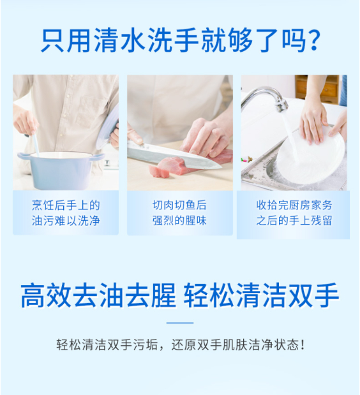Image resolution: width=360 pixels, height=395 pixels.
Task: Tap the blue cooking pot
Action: pyautogui.click(x=61, y=169)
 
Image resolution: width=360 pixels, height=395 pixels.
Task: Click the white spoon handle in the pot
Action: pyautogui.click(x=34, y=144)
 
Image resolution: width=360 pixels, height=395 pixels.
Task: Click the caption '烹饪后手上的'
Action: pyautogui.click(x=66, y=205)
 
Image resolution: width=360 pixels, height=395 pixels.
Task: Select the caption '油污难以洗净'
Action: pyautogui.click(x=66, y=221)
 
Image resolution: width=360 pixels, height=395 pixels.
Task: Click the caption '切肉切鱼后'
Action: pyautogui.click(x=179, y=205)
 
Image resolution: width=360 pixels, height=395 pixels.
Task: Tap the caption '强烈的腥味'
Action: pyautogui.click(x=179, y=221)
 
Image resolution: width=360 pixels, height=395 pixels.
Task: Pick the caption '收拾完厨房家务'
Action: pyautogui.click(x=294, y=205)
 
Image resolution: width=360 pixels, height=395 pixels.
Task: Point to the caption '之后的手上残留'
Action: pyautogui.click(x=294, y=220)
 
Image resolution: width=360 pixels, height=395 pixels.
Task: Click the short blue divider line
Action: pyautogui.click(x=180, y=323)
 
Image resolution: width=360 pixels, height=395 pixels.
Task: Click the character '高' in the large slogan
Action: pyautogui.click(x=33, y=295)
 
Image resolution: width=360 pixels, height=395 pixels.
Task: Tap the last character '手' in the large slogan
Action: pyautogui.click(x=326, y=295)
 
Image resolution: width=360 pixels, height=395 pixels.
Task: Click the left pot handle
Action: pyautogui.click(x=24, y=156)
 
